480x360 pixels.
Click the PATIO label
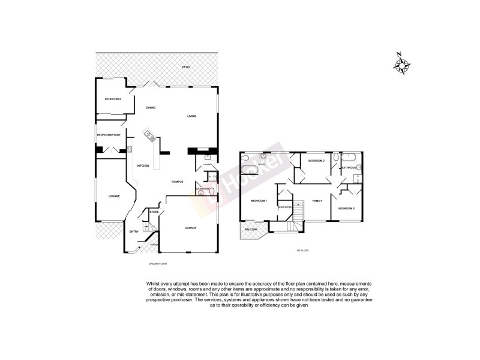pyautogui.click(x=186, y=67)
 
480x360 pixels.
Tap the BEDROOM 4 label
pyautogui.click(x=113, y=98)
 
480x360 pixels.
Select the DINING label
pyautogui.click(x=151, y=107)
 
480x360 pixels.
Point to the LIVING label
pyautogui.click(x=192, y=116)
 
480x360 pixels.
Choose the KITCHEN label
pyautogui.click(x=143, y=166)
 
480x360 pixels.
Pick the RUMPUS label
pyautogui.click(x=177, y=182)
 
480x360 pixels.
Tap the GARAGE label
pyautogui.click(x=191, y=227)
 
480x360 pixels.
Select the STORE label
pyautogui.click(x=154, y=212)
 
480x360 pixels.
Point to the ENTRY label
pyautogui.click(x=134, y=232)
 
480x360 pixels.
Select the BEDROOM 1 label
pyautogui.click(x=259, y=200)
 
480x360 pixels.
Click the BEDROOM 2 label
pyautogui.click(x=316, y=161)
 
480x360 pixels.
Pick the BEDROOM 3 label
pyautogui.click(x=346, y=208)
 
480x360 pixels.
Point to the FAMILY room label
pyautogui.click(x=317, y=200)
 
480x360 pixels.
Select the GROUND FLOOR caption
pyautogui.click(x=158, y=263)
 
